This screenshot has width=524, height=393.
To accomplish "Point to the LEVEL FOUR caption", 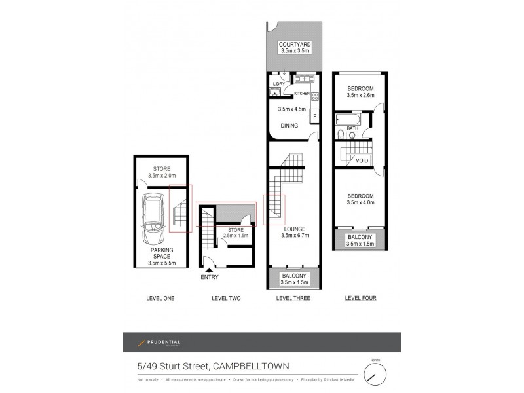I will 360,298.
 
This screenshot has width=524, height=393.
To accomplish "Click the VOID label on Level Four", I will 362,160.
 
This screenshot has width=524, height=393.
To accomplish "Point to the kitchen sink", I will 303,80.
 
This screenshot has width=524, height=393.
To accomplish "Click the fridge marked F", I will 314,117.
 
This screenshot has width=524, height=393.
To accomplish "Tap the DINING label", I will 289,126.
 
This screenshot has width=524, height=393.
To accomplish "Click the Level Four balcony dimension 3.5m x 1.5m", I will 360,244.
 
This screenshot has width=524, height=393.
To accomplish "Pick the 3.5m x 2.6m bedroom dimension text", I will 360,96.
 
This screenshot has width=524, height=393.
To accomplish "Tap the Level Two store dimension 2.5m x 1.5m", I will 235,236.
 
